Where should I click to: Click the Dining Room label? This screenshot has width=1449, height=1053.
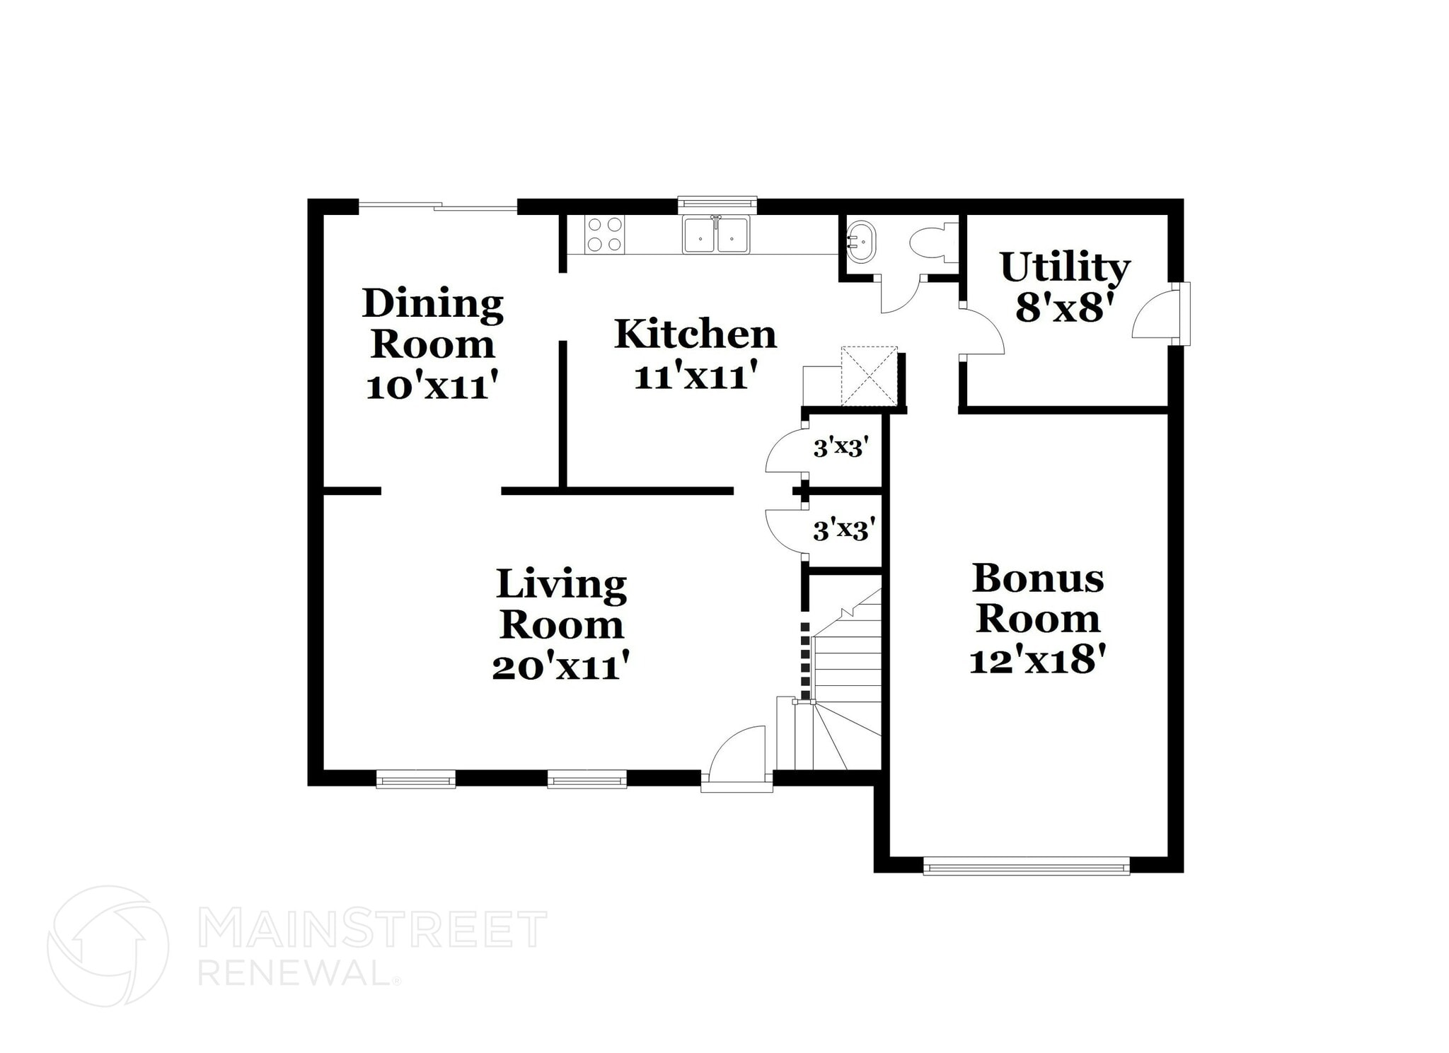coord(433,324)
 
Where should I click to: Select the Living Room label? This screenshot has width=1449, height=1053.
coord(562,604)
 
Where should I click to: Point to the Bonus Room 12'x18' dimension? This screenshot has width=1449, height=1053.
coord(1037,661)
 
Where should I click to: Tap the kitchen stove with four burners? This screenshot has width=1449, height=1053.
coord(605,234)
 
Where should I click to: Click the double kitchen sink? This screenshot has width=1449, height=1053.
coord(715,235)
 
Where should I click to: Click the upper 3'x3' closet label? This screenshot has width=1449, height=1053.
coord(841,448)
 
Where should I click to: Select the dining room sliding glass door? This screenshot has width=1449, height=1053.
coord(438,206)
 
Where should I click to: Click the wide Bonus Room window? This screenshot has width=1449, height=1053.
coord(1027,866)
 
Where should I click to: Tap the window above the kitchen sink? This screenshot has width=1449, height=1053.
coord(717,204)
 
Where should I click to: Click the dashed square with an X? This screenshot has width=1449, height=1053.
coord(869,376)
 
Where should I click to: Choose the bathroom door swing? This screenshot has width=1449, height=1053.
coord(899,293)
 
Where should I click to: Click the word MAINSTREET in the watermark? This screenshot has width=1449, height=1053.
coord(372,929)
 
